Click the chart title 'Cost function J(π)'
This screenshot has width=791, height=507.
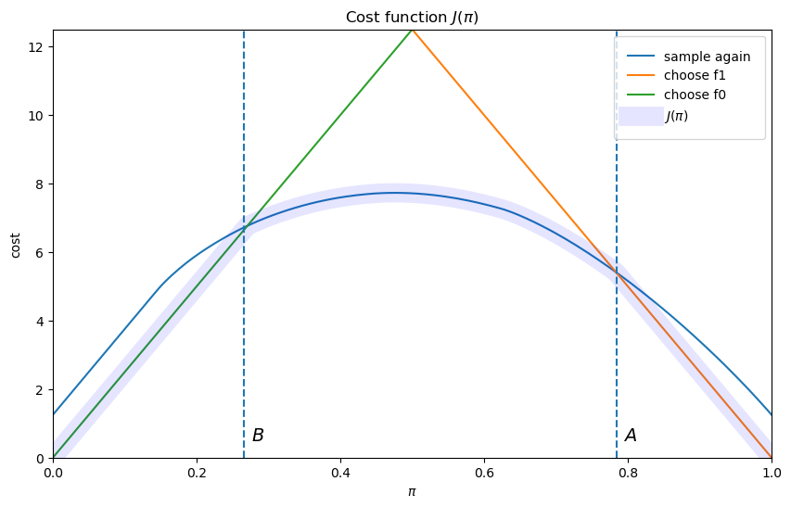point(412,18)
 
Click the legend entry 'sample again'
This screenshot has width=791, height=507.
point(707,57)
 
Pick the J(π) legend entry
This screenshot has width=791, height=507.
point(676,116)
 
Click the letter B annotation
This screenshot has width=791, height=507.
point(258,436)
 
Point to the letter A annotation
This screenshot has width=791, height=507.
point(631,436)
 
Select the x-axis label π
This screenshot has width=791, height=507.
point(412,491)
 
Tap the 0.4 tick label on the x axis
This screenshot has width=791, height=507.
point(340,473)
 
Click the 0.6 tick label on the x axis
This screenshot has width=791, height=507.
point(484,473)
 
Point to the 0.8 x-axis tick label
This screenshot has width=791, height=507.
point(628,473)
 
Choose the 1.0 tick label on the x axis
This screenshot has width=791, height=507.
point(772,473)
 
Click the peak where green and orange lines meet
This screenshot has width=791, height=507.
point(412,30)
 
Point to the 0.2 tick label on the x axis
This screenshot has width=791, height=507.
point(197,473)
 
